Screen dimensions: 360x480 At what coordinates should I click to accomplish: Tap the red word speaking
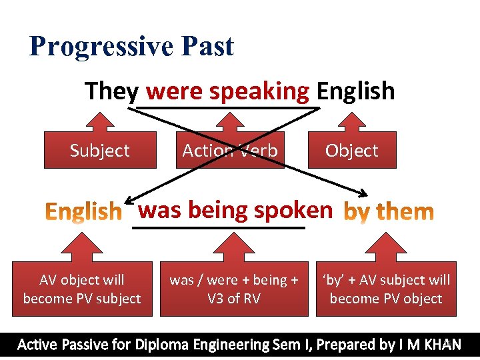[259, 91]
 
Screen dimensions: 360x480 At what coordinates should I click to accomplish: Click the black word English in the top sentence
[355, 91]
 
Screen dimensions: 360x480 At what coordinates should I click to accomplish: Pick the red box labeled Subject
[100, 151]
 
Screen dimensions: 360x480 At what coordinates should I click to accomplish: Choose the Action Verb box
[229, 151]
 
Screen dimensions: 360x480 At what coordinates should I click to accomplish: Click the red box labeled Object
[351, 151]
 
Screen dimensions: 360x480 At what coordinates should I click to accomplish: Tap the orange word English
[83, 212]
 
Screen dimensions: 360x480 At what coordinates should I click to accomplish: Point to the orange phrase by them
[388, 212]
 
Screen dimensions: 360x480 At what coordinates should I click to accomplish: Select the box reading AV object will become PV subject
[82, 289]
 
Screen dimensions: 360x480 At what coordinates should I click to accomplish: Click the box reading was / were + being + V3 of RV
[233, 289]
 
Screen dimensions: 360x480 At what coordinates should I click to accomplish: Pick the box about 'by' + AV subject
[386, 289]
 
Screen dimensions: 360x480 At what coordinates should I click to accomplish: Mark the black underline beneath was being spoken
[219, 228]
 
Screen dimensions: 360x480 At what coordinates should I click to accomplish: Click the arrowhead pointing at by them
[363, 195]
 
